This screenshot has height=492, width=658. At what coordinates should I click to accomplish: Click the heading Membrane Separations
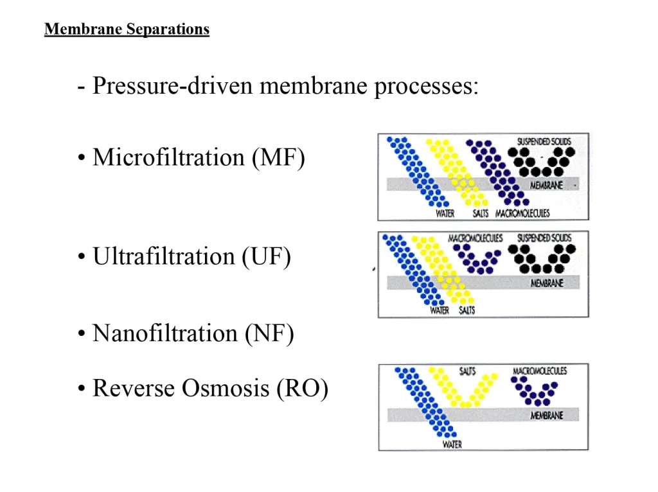click(x=127, y=30)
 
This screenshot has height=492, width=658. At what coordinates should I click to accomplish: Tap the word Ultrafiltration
click(x=163, y=257)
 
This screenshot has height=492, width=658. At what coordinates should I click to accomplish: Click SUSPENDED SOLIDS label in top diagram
click(x=544, y=141)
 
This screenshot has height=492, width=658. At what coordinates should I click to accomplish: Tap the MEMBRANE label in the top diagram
click(x=546, y=185)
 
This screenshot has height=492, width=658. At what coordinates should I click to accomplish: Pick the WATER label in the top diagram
click(x=445, y=214)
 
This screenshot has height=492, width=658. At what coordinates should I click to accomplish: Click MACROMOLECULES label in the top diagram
click(x=522, y=214)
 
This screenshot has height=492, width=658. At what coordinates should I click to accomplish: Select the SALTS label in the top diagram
click(x=481, y=214)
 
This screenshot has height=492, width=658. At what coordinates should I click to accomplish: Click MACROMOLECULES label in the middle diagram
click(x=476, y=238)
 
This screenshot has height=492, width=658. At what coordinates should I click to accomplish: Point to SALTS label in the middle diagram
click(x=467, y=311)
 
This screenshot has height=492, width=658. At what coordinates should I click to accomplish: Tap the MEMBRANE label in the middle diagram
click(x=546, y=283)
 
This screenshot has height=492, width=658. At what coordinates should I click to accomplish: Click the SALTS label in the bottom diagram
click(x=467, y=371)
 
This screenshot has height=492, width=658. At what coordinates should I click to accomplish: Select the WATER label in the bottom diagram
click(x=452, y=444)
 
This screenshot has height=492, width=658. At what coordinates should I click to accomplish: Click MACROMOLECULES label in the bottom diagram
click(x=540, y=371)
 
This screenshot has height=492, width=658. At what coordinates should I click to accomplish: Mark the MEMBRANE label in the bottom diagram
click(x=546, y=416)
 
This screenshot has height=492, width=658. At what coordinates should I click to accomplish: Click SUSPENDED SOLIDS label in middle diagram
click(x=544, y=238)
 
